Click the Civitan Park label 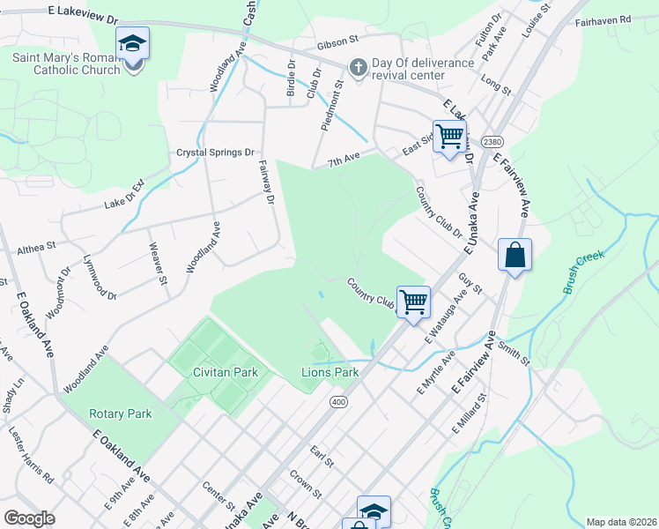click(226, 372)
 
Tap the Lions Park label click(330, 372)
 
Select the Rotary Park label click(121, 414)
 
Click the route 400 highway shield click(337, 402)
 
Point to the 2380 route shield click(492, 142)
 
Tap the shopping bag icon click(514, 256)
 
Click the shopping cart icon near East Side click(449, 136)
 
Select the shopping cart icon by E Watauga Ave click(412, 302)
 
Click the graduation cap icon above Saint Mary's click(132, 42)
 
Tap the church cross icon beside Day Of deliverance click(358, 66)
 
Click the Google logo click(29, 518)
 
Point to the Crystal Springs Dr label click(215, 152)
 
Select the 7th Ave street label click(344, 161)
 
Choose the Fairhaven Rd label click(614, 19)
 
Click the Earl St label click(322, 458)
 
